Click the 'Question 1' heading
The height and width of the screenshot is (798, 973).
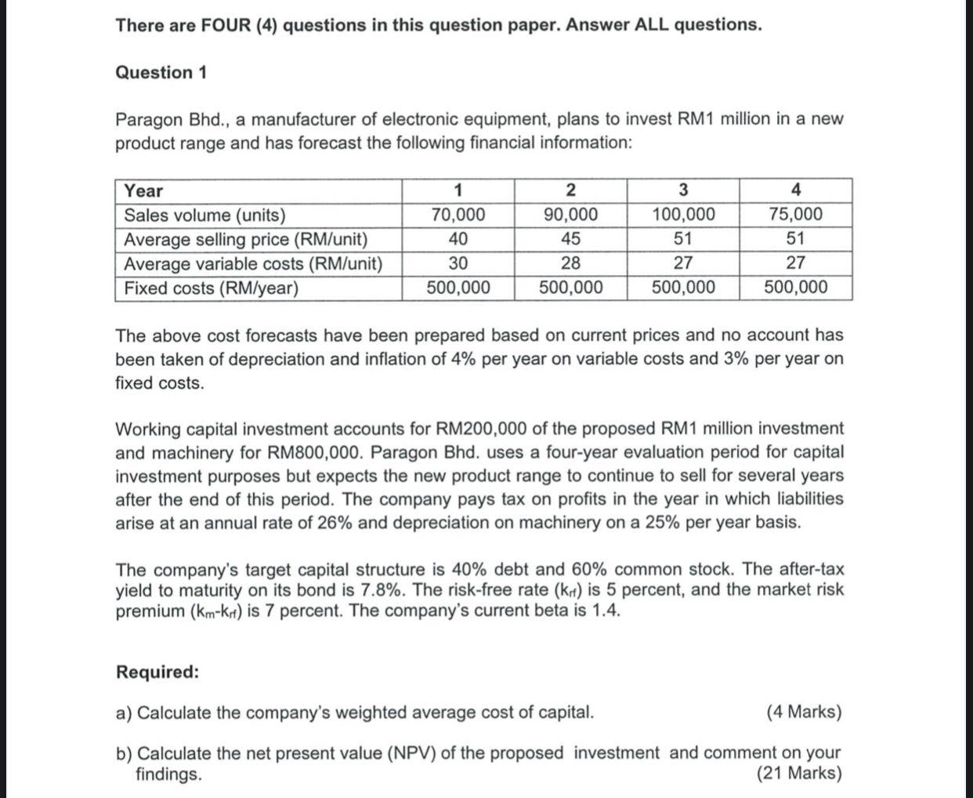click(161, 73)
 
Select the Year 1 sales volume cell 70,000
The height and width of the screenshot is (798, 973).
click(458, 215)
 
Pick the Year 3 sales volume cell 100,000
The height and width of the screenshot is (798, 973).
click(683, 215)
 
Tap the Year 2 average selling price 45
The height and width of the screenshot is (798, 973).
click(570, 239)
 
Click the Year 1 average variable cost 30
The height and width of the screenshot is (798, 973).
click(458, 263)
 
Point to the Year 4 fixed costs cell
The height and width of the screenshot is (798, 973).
click(795, 288)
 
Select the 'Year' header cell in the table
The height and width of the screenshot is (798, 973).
click(144, 190)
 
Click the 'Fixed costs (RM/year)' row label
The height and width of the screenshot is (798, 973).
click(212, 288)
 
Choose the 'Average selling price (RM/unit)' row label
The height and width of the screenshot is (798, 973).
click(246, 239)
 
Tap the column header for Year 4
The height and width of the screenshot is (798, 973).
click(796, 190)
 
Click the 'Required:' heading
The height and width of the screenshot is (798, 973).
click(157, 673)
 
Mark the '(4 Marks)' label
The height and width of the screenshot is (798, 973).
click(804, 713)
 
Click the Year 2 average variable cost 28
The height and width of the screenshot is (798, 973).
click(570, 263)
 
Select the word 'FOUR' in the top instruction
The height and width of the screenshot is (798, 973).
click(226, 25)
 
